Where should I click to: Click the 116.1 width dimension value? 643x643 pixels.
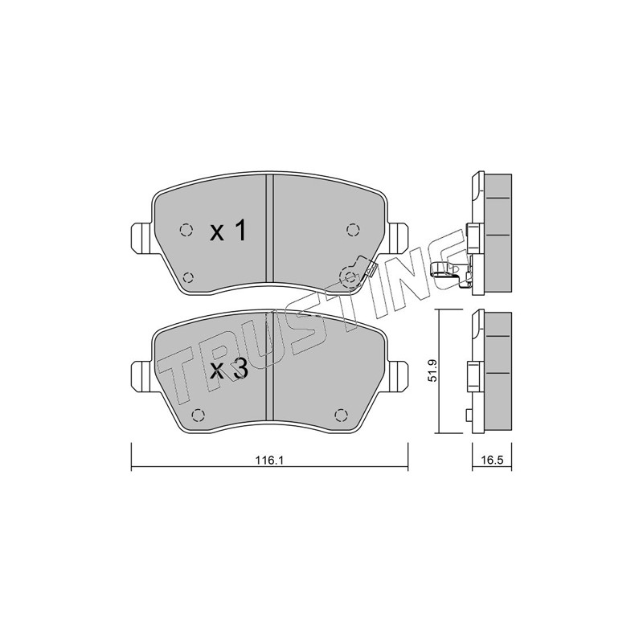point(269,460)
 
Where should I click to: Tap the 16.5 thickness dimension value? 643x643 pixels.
point(492,460)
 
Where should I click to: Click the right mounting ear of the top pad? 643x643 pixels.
point(397,238)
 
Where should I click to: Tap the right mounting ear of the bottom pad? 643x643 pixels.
point(397,375)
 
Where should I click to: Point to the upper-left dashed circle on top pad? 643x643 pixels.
point(186,230)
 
